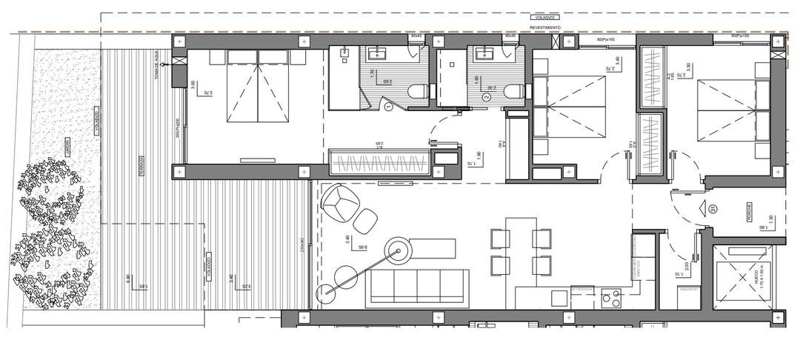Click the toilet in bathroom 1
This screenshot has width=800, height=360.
tap(418, 92)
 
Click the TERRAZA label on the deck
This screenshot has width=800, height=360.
tap(140, 168)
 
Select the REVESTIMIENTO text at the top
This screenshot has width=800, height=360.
tap(544, 27)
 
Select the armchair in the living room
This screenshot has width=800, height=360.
tap(339, 201)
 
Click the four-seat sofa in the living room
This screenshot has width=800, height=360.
tap(419, 287)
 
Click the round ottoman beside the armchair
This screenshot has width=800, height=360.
tap(366, 221)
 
